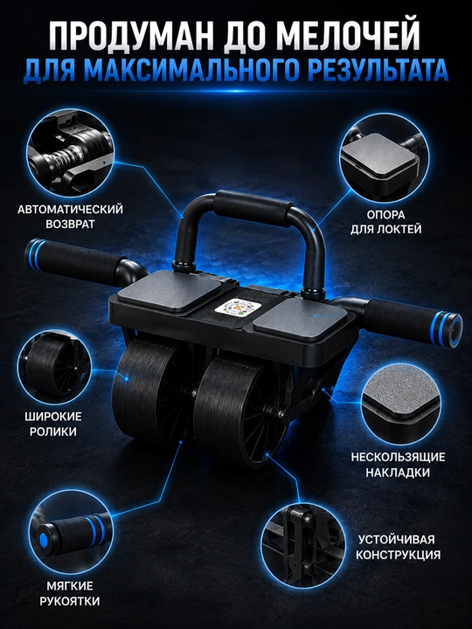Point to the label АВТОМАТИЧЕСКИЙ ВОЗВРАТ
(70, 217)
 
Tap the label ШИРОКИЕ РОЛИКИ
(53, 424)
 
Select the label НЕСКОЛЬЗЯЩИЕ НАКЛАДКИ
(398, 465)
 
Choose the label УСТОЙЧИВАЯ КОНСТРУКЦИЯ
(398, 547)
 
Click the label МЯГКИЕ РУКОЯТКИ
(69, 594)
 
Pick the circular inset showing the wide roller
(54, 367)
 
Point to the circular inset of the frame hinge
(302, 546)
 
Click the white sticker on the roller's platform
(231, 308)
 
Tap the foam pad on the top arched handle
(253, 210)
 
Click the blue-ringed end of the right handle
(447, 329)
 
